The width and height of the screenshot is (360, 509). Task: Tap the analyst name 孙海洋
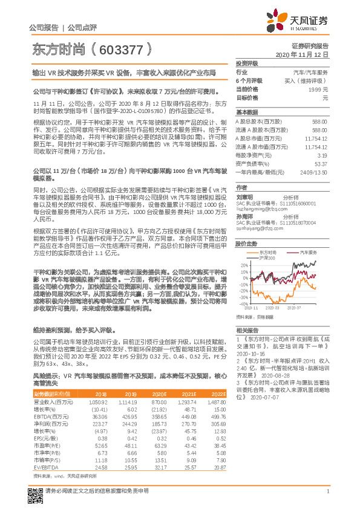[245, 216]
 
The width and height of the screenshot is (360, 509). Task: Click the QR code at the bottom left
[35, 491]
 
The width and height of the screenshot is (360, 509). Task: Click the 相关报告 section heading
[247, 331]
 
